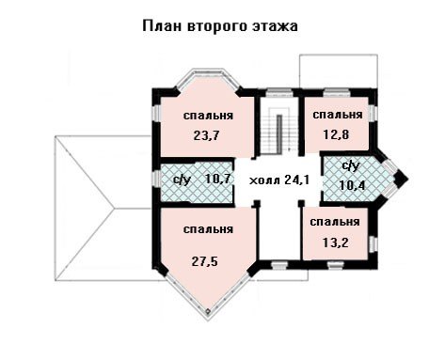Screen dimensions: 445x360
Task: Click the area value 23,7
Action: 206,135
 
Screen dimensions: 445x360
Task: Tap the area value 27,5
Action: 204,261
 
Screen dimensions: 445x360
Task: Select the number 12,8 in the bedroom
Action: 336,134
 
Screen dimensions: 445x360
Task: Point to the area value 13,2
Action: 335,243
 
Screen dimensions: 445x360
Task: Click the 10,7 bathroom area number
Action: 218,179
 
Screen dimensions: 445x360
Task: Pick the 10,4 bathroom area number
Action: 352,185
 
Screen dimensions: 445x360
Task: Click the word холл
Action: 265,180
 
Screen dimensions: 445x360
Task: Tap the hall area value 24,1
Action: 297,180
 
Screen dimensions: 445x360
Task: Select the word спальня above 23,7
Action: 208,116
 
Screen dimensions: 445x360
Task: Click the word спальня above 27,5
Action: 208,229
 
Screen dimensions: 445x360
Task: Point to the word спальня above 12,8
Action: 338,115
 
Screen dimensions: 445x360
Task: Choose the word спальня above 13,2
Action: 335,222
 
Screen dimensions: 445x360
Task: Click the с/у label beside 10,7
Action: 182,180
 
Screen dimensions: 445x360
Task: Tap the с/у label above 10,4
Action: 351,166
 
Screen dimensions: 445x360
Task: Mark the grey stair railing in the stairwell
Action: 279,134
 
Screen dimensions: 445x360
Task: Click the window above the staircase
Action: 278,93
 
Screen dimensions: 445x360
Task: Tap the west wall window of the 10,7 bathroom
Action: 157,179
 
